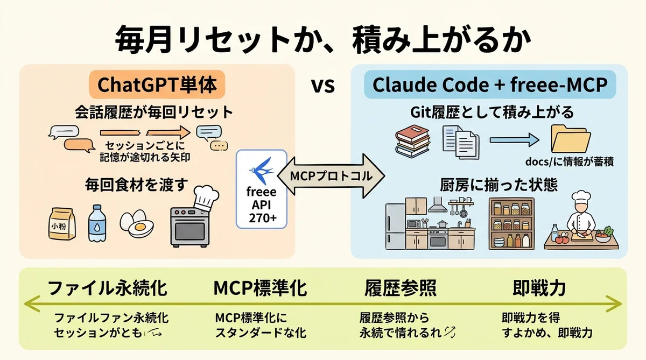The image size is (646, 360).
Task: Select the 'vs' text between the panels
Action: click(x=324, y=86)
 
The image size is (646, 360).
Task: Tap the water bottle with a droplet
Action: click(x=97, y=222)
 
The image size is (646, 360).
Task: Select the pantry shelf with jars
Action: click(x=511, y=223)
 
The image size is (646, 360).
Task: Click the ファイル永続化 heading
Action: click(x=108, y=288)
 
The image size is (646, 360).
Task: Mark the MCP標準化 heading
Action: click(x=260, y=288)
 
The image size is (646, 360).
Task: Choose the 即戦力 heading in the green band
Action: click(x=539, y=288)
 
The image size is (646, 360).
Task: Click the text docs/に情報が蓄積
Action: click(x=570, y=161)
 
